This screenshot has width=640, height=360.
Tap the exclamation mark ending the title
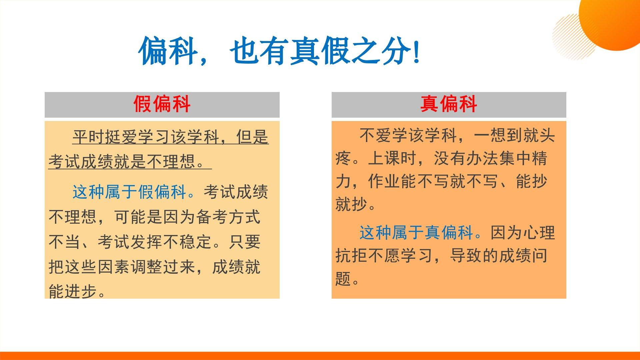click(x=416, y=52)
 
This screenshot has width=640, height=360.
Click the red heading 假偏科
click(x=162, y=104)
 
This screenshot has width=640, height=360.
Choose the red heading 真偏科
click(x=448, y=104)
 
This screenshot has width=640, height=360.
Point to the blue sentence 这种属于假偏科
click(x=134, y=192)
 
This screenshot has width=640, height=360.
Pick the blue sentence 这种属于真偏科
click(x=420, y=232)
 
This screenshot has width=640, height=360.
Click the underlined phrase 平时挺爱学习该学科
click(x=146, y=137)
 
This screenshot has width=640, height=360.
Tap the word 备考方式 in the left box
click(x=228, y=217)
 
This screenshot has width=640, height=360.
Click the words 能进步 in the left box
click(x=73, y=291)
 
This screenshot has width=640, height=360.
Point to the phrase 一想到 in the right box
click(x=498, y=135)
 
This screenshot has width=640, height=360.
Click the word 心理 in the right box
click(x=538, y=232)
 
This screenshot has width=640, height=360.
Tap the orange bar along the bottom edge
click(x=320, y=356)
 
